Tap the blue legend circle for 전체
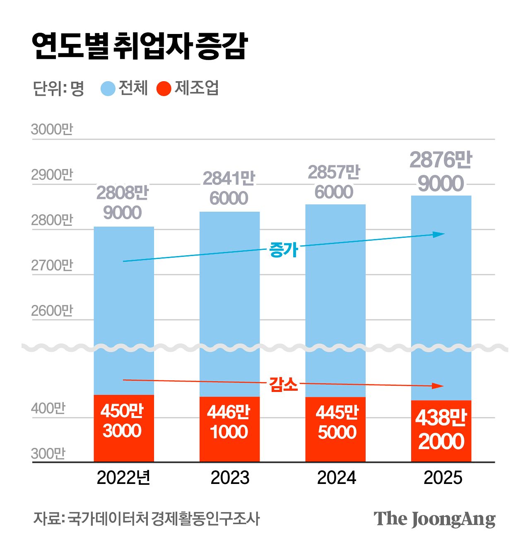coord(108,89)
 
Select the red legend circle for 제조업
coord(164,89)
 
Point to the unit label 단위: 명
coord(58,88)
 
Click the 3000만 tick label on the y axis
coord(52,129)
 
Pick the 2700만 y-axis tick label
coord(52,265)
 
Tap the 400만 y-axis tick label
coord(48,409)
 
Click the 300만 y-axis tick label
coord(48,454)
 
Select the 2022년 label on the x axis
coord(123,478)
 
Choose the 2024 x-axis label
coord(336,478)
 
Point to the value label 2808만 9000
coord(123,203)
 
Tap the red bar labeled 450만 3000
coord(124,428)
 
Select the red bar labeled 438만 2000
coord(441,431)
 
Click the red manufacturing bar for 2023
coord(229,429)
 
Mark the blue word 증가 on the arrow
coord(284,249)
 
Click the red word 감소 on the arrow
coord(284,384)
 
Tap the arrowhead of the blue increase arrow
coord(439,234)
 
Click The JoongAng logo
coord(434,519)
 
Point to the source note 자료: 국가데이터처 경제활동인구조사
coord(147,519)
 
